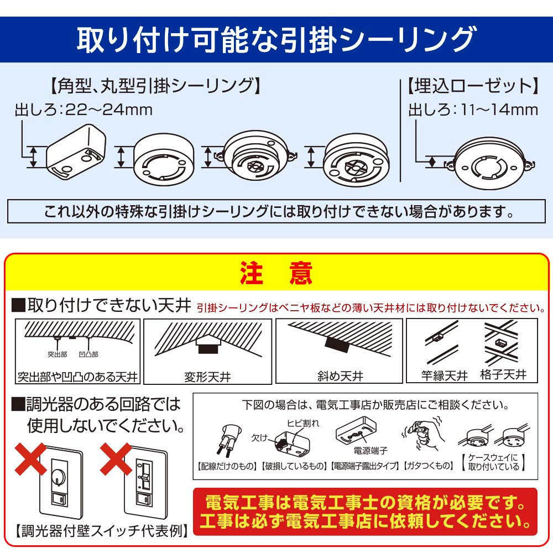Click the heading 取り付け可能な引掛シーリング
coord(275,39)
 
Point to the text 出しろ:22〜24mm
coord(84,109)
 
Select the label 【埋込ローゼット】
coord(473,86)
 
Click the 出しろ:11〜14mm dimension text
coord(473,109)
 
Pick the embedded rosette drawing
coord(489,164)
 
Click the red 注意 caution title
coord(276,273)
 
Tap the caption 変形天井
coord(207,377)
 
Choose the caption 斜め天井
coord(340,376)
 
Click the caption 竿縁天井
coord(445,376)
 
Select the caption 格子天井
coord(503,374)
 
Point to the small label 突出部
coord(57,354)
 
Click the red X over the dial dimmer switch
coord(30,460)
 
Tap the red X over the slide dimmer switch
coord(116,460)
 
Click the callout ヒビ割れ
coord(302,423)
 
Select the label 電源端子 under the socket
coord(371,450)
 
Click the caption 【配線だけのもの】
coord(227,466)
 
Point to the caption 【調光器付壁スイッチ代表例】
coord(102,531)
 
